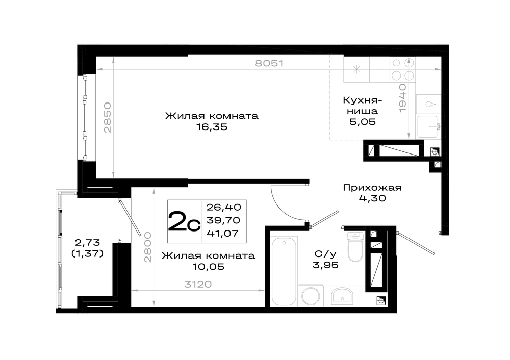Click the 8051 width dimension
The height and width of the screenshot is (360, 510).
269,63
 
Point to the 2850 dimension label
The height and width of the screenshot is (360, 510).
107,117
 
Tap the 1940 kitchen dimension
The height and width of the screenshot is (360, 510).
403,98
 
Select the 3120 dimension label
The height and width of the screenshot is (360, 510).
198,284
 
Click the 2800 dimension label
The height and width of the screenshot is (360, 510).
148,247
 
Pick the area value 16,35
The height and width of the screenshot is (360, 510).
212,127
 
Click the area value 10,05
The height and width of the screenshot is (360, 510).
209,267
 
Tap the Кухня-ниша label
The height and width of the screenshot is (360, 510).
362,106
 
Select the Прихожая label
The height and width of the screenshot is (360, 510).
372,188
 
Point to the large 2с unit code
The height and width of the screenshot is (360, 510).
184,221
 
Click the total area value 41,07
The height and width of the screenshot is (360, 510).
223,233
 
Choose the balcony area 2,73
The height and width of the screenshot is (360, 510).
87,242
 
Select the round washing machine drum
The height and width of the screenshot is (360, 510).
311,296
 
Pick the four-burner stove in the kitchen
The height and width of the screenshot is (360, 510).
402,69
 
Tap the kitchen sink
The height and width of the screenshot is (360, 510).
428,126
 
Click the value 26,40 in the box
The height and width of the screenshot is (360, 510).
224,207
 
